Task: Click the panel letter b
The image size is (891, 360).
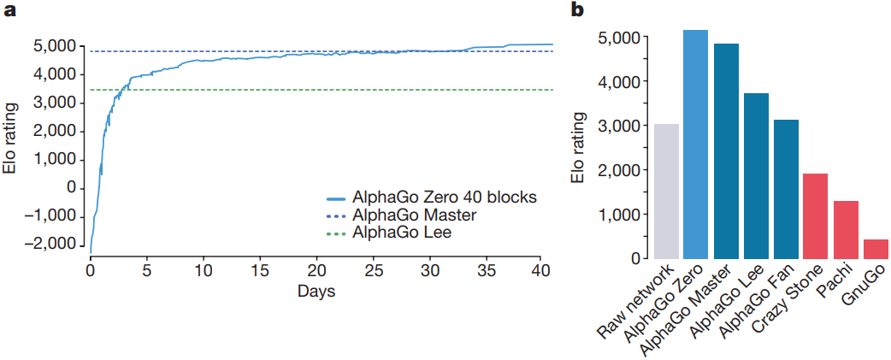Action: [x=578, y=11]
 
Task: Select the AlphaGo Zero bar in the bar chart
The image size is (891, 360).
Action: [x=695, y=145]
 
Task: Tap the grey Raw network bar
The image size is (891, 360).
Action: [x=666, y=192]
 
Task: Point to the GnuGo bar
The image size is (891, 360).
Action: [x=875, y=249]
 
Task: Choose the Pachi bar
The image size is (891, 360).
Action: [x=845, y=229]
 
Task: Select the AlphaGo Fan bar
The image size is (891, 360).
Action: [x=785, y=189]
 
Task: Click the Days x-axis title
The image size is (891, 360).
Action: [x=316, y=292]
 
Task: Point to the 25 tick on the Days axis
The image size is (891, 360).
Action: [x=372, y=271]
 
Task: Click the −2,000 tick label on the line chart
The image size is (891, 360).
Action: [x=54, y=244]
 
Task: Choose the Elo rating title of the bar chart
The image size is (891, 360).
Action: [x=579, y=146]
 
